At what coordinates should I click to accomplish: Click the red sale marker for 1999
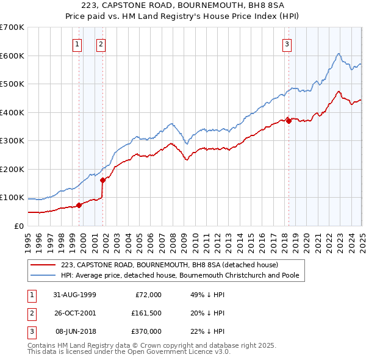(79, 205)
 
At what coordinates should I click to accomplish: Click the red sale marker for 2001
(102, 179)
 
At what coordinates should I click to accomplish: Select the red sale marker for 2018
(288, 121)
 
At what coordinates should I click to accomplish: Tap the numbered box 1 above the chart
(78, 43)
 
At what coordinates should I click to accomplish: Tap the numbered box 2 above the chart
(101, 43)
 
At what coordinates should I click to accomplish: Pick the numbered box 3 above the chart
(287, 43)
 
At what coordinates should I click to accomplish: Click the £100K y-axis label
(12, 197)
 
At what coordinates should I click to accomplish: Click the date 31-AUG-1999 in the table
(74, 295)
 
